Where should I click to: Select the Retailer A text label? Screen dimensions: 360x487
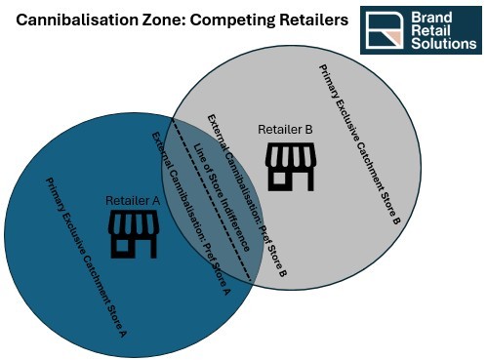[x=132, y=201]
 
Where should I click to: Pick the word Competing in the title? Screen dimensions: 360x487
[x=229, y=20]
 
